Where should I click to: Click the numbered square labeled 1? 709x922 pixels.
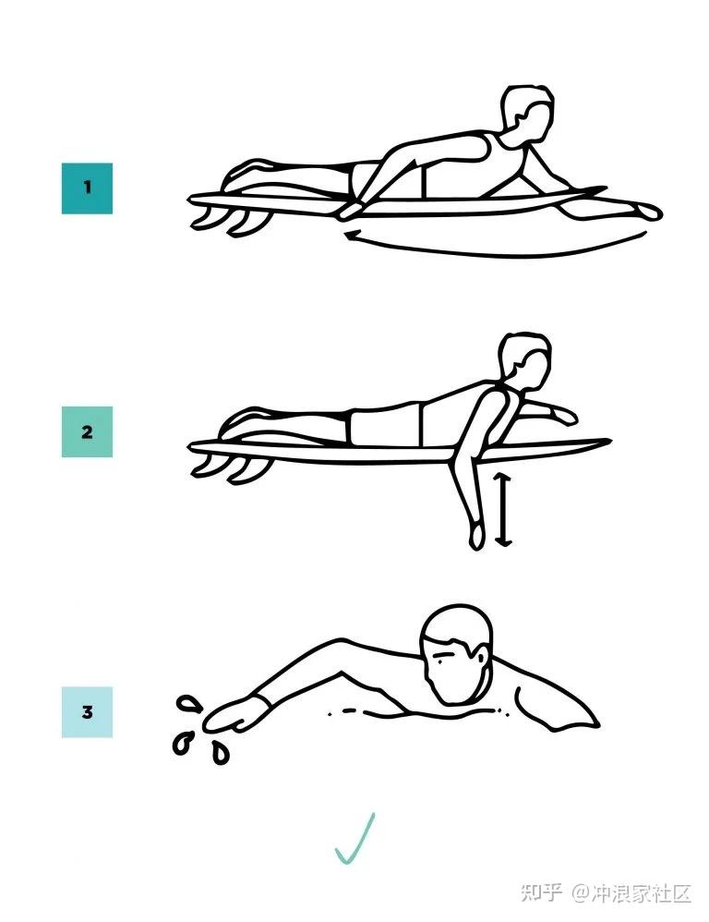click(87, 188)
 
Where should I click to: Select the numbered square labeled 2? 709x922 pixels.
click(87, 432)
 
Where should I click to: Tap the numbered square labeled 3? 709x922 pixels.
click(87, 712)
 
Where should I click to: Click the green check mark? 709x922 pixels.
click(354, 840)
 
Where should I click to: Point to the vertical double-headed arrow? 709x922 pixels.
click(503, 509)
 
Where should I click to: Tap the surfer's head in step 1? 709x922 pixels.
click(527, 115)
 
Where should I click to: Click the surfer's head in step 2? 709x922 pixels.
click(524, 361)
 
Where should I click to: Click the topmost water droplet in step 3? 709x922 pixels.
click(189, 704)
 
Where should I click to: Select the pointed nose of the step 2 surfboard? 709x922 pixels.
click(608, 441)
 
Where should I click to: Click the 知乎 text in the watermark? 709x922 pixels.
click(541, 893)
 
